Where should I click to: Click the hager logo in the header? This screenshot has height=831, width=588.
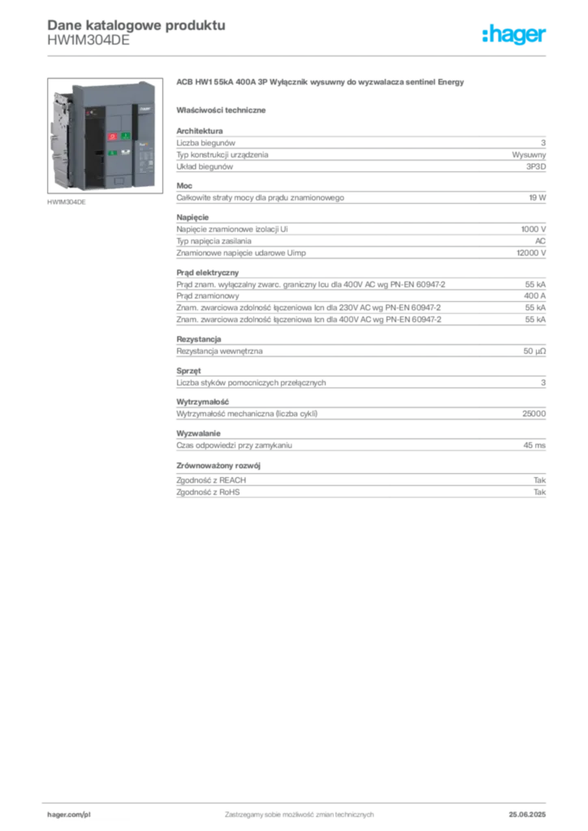point(513,35)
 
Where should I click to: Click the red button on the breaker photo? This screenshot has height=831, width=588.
point(112,136)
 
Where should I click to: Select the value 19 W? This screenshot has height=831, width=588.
point(537,198)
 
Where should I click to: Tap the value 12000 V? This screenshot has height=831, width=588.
point(531,253)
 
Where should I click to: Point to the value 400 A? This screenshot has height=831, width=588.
point(534,295)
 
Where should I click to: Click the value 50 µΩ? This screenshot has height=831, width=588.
point(534,351)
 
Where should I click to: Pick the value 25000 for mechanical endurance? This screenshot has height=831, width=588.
point(534,413)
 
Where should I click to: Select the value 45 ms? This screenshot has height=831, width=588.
point(534,446)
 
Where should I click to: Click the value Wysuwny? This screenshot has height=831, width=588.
point(529,155)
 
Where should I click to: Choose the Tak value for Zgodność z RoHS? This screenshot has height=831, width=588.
point(540,492)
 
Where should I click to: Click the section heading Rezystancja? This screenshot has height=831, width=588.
point(199,339)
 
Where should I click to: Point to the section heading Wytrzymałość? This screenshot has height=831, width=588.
point(202,402)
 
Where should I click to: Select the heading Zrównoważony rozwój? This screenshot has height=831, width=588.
point(218,465)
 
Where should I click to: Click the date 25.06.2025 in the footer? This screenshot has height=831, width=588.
point(527,815)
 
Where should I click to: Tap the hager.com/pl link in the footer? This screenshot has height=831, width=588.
point(69,815)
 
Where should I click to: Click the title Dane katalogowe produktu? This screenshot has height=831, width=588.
point(136,25)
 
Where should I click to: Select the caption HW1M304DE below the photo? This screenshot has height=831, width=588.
point(67,202)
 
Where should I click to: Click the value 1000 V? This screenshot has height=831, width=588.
point(534,229)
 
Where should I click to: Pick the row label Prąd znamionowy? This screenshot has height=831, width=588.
point(208,295)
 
